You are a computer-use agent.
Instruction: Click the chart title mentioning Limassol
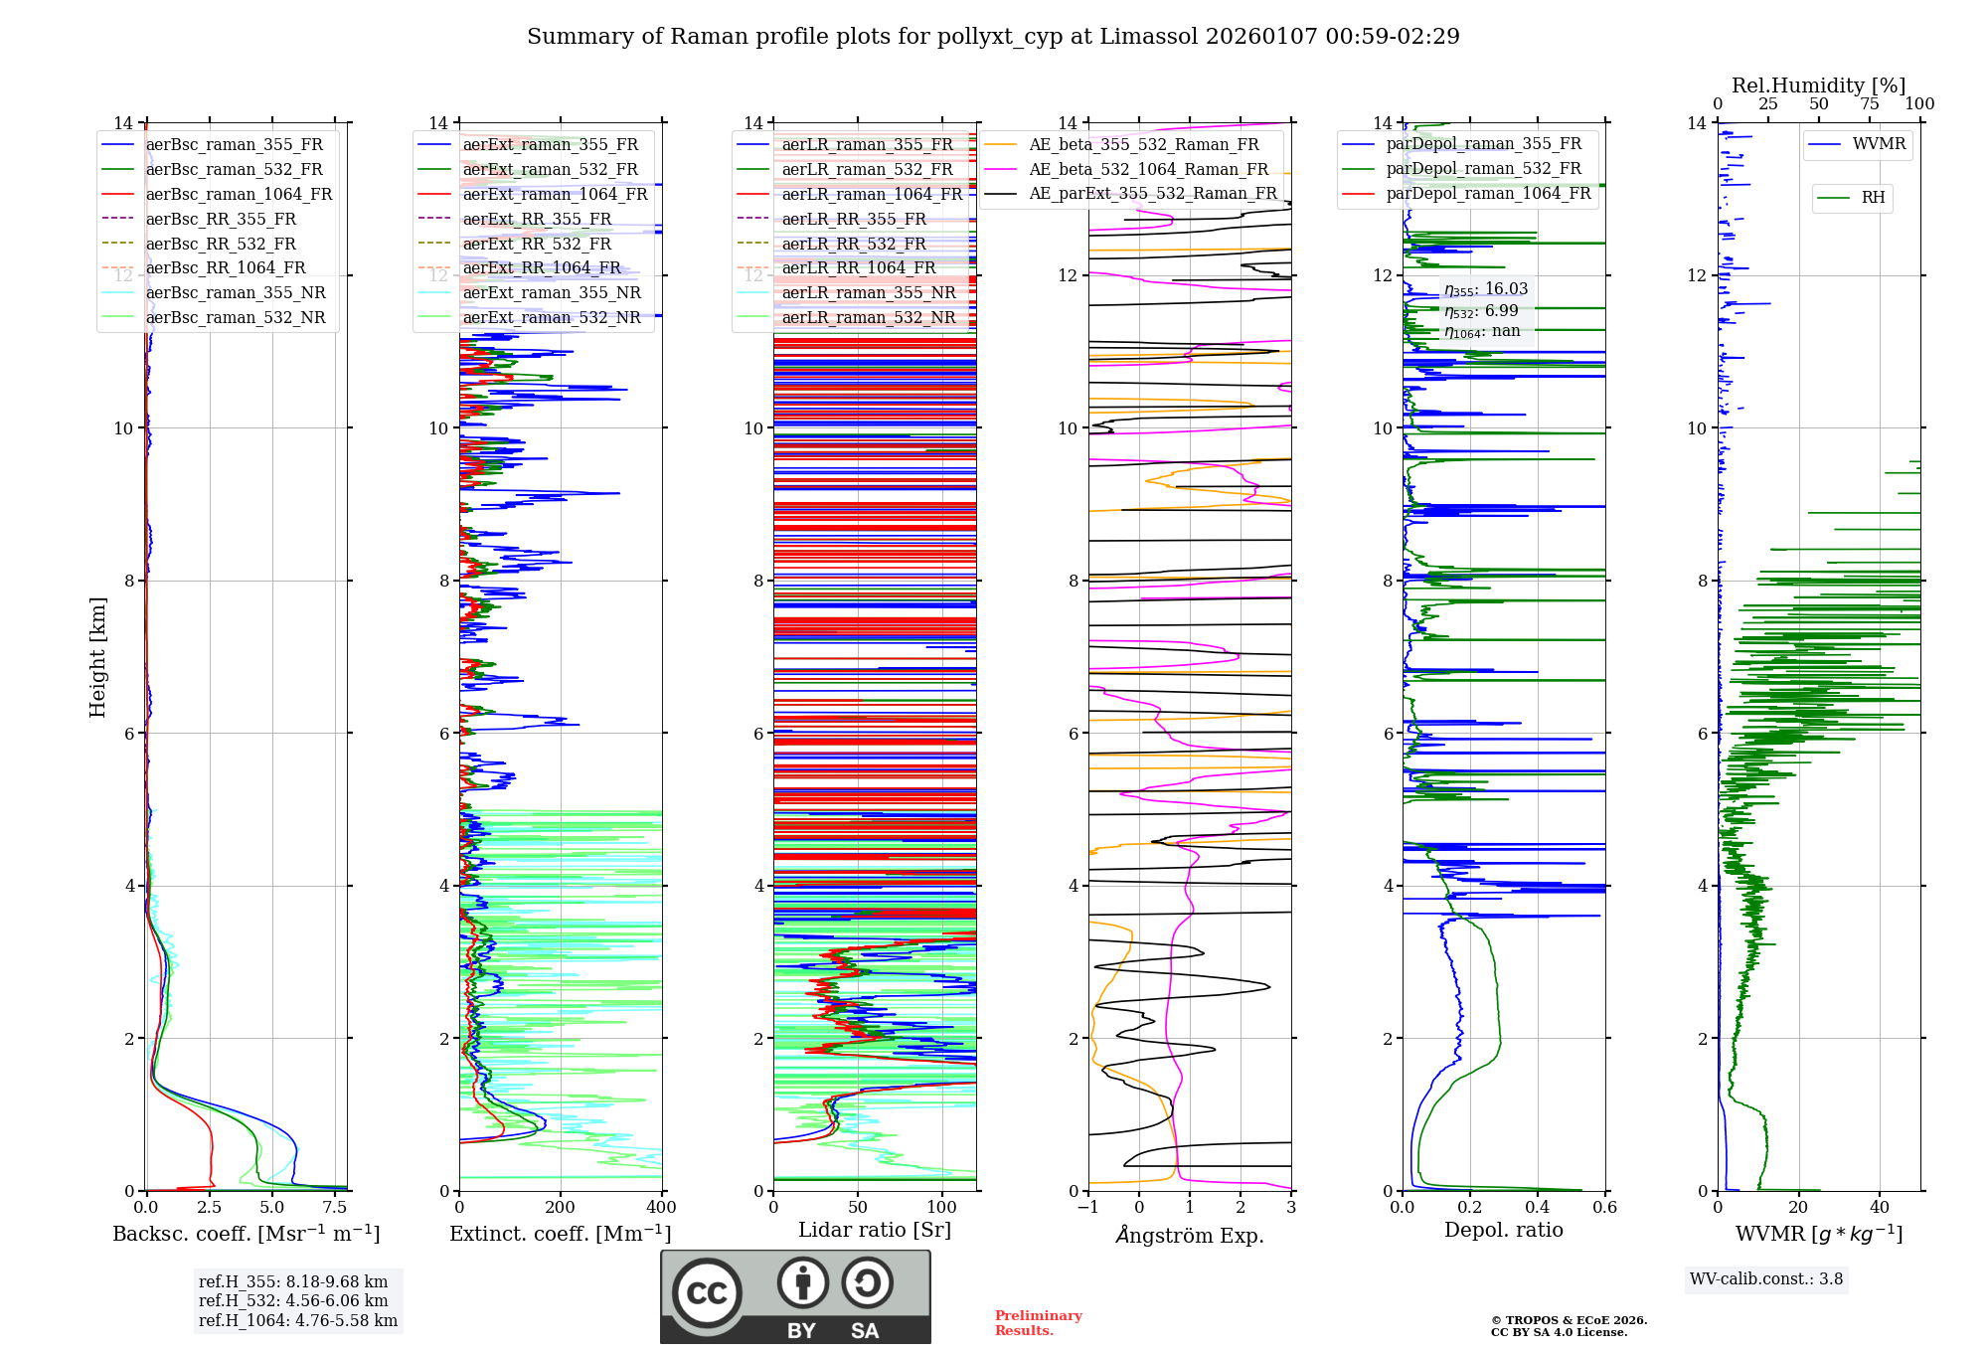[x=993, y=37]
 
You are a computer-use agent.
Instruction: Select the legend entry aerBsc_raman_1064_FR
[x=239, y=194]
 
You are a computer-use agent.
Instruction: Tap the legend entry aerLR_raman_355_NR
[x=868, y=292]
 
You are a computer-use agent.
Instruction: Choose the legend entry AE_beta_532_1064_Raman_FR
[x=1148, y=169]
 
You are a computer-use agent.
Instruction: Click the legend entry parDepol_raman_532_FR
[x=1483, y=168]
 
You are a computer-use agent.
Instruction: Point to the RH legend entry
[x=1873, y=198]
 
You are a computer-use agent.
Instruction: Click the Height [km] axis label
[x=97, y=656]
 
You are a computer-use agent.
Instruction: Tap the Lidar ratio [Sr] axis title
[x=874, y=1230]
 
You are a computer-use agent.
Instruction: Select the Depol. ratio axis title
[x=1503, y=1230]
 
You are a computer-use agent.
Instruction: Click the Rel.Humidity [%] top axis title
[x=1818, y=85]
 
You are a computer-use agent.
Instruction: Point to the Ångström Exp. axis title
[x=1190, y=1235]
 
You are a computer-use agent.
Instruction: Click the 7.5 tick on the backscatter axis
[x=335, y=1207]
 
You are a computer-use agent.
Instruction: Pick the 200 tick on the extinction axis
[x=561, y=1207]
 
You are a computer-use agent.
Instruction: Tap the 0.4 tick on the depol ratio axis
[x=1538, y=1207]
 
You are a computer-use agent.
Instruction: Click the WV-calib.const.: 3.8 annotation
[x=1766, y=1278]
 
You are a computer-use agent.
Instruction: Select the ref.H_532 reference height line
[x=293, y=1300]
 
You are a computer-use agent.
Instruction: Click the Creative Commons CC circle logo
[x=707, y=1293]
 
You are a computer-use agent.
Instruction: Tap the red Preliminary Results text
[x=1038, y=1322]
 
